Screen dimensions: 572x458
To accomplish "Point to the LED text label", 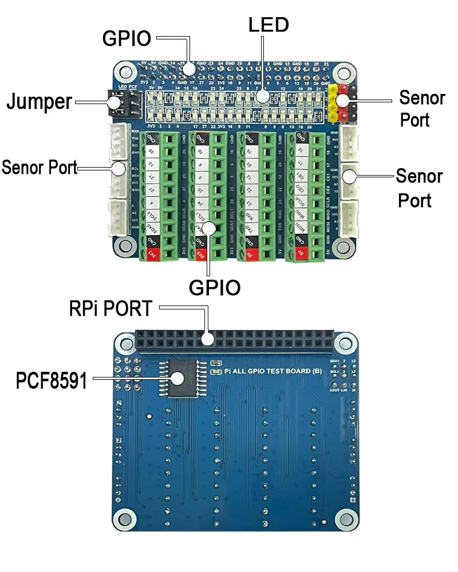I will (x=269, y=25).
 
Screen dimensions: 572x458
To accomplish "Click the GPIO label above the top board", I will (x=127, y=38).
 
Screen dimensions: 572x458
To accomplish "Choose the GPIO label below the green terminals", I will (x=215, y=288).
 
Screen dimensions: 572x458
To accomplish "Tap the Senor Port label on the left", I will (x=39, y=168).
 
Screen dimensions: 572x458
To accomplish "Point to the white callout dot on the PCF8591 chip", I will (x=177, y=378).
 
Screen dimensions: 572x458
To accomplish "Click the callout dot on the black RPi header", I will (x=208, y=339).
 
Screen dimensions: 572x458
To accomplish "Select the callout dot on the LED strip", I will (x=262, y=96).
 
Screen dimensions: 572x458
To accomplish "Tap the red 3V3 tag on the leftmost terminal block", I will (x=152, y=252).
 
